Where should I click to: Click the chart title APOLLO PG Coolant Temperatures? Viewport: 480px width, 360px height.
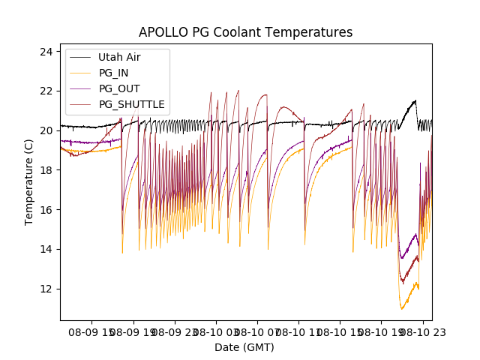point(245,32)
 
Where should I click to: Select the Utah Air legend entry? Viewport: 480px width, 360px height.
point(119,57)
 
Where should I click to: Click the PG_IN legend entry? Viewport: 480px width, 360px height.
point(115,73)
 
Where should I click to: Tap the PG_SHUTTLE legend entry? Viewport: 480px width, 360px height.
point(131,104)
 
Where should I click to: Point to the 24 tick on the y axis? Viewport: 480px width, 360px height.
point(46,52)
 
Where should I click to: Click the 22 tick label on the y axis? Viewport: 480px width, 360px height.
point(46,91)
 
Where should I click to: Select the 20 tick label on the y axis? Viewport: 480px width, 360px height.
point(46,130)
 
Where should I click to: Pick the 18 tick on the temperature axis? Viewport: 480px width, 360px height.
point(46,170)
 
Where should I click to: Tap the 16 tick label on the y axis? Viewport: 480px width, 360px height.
point(46,209)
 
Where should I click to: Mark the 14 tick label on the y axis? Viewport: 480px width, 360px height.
point(46,249)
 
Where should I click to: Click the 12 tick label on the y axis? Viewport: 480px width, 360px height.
point(46,289)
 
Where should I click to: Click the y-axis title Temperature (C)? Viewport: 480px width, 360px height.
point(29,182)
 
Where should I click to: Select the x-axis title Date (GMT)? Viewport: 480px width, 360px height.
point(244,347)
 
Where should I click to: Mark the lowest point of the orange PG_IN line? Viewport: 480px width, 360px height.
point(402,309)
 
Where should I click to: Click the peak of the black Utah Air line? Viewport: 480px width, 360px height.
point(415,100)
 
